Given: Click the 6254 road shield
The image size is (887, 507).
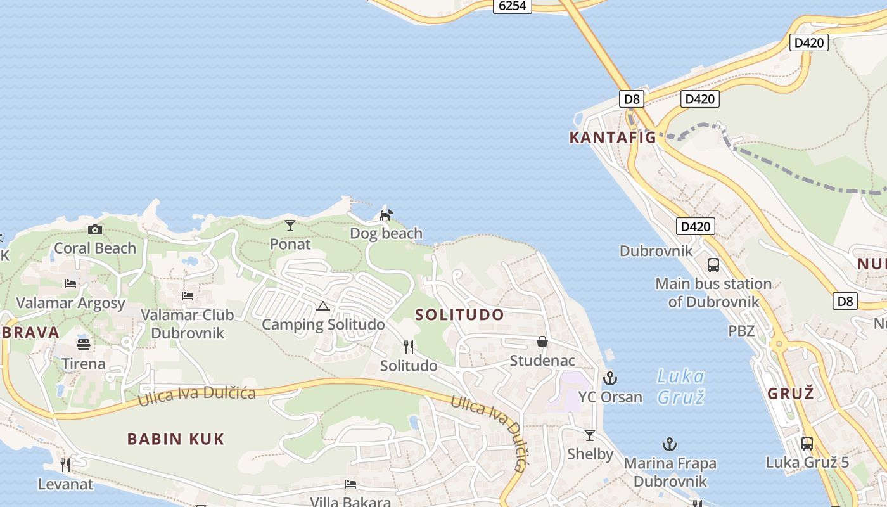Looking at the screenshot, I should click(x=513, y=6).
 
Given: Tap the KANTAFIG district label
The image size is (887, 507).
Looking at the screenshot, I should click(x=612, y=137).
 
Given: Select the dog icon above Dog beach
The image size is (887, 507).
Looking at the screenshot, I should click(x=386, y=215).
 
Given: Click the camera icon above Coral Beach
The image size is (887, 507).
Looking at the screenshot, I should click(x=95, y=229).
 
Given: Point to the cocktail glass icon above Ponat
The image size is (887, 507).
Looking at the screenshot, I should click(x=290, y=225).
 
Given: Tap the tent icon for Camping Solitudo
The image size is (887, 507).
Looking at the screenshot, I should click(x=323, y=307).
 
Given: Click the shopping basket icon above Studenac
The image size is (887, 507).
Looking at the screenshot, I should click(x=542, y=342).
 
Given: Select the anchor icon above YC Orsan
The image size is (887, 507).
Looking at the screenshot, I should click(x=610, y=378).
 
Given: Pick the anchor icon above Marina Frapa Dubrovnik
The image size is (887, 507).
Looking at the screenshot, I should click(x=670, y=444).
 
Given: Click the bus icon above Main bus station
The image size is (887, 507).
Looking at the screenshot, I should click(x=713, y=265).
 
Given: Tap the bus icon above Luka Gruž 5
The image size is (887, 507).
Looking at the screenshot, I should click(x=807, y=444).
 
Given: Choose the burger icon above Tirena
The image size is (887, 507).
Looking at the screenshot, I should click(x=84, y=345).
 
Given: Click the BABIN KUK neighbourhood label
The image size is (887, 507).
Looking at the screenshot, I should click(x=176, y=439).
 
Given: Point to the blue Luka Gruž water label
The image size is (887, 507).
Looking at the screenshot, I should click(x=681, y=387).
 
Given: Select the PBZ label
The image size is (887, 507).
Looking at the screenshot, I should click(x=741, y=331).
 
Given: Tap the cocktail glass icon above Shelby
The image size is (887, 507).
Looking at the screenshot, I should click(x=590, y=435).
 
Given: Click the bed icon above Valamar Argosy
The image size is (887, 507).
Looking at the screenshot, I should click(x=70, y=284).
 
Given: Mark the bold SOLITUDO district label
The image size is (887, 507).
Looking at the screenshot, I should click(x=460, y=315).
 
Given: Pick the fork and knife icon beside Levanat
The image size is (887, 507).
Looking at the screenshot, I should click(x=65, y=465).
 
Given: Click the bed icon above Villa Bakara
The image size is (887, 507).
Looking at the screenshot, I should click(x=350, y=484).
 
